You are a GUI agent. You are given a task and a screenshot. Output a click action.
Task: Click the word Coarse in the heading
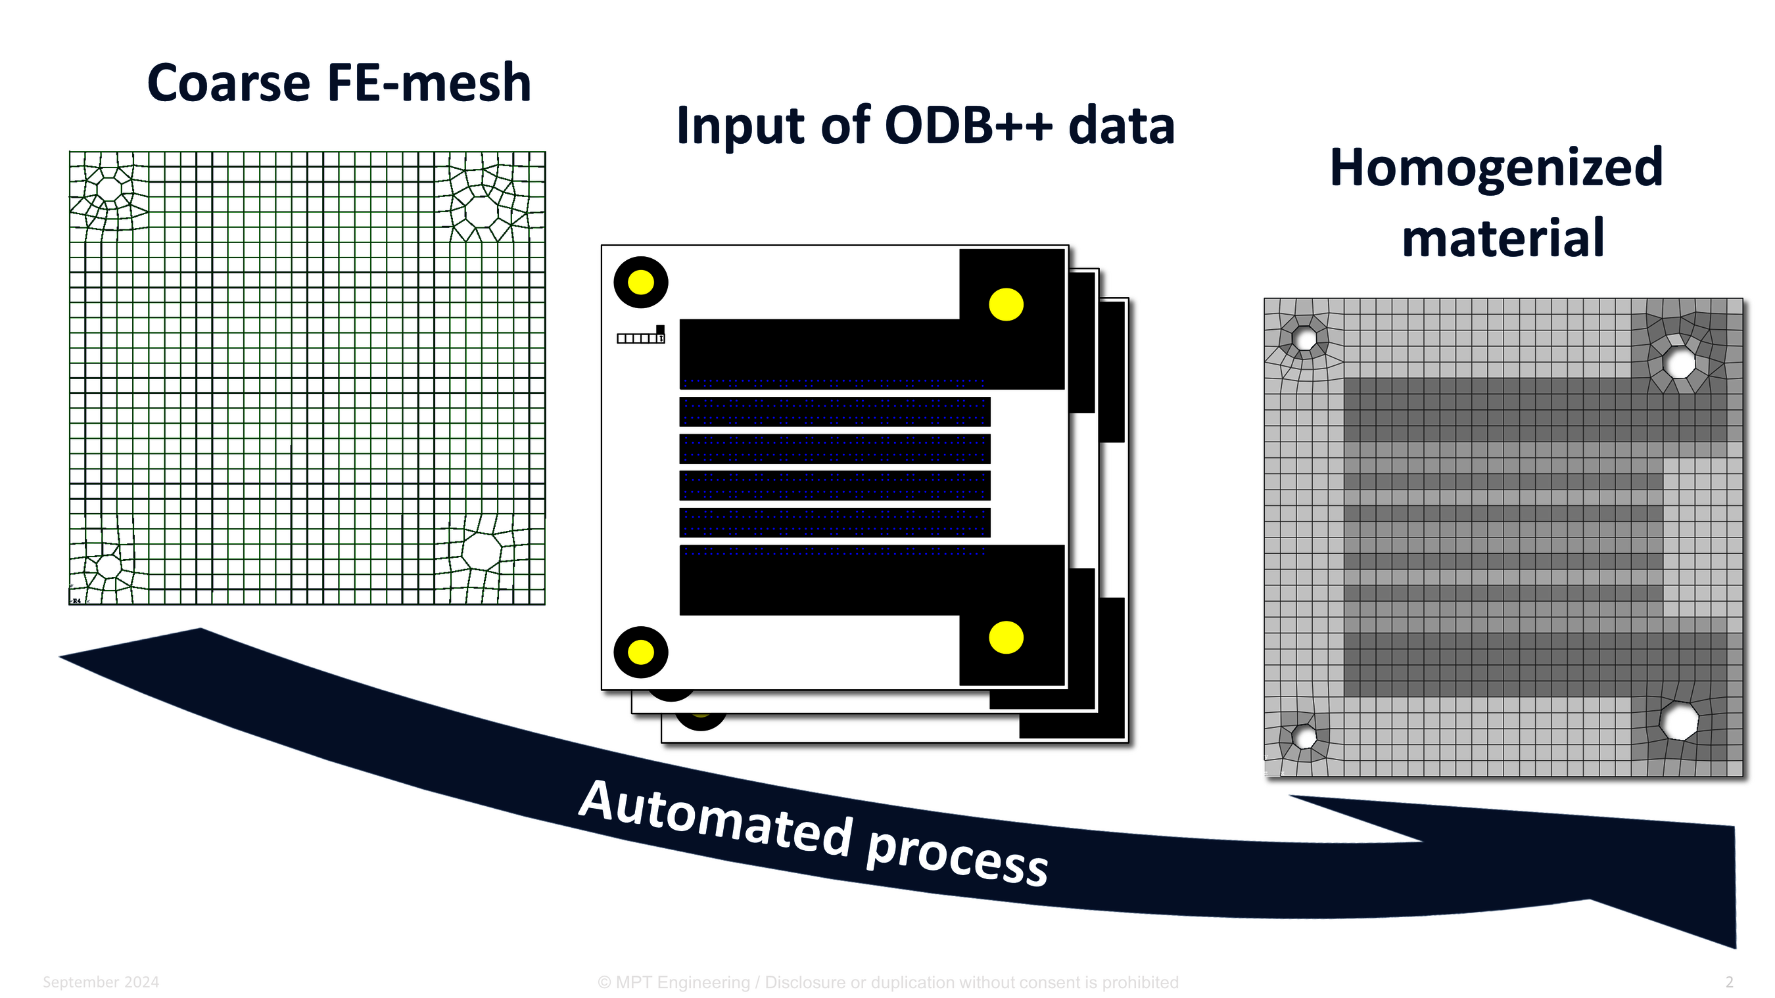pos(229,83)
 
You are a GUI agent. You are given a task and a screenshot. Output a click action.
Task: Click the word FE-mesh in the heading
pos(429,83)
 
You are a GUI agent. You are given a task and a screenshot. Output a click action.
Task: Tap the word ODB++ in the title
pos(968,126)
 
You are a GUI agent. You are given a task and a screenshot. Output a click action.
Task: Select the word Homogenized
pos(1496,168)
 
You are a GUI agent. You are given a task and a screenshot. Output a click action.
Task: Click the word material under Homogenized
pos(1503,238)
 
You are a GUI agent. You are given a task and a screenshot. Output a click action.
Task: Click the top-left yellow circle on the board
pos(641,283)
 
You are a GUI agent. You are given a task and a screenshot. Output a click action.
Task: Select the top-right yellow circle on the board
pos(1005,304)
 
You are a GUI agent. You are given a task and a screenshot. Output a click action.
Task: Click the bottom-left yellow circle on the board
pos(641,652)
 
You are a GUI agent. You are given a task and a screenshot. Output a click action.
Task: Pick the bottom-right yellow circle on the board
pos(1005,637)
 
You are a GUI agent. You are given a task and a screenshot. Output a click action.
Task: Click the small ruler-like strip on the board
pos(640,337)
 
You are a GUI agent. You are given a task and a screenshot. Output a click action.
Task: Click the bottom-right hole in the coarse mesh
pos(481,551)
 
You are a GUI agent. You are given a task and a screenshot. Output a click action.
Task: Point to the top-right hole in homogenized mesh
pos(1679,362)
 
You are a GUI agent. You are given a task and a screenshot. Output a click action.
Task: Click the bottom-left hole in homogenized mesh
pos(1303,737)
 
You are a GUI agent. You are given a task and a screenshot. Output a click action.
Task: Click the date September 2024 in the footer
pos(101,982)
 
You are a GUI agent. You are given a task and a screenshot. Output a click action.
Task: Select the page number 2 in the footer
pos(1728,982)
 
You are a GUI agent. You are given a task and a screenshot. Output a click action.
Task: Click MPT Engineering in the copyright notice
pos(682,982)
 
